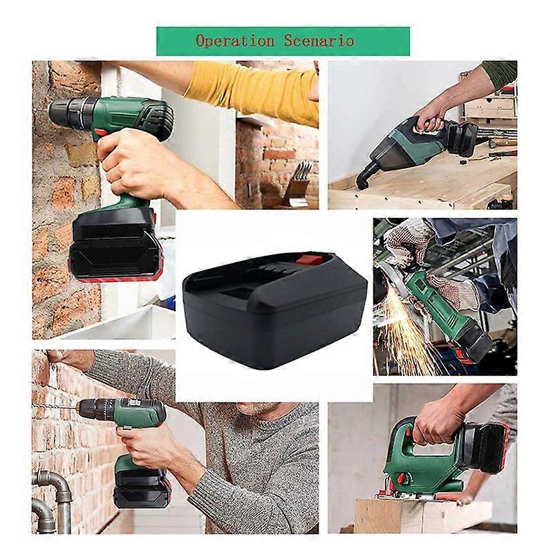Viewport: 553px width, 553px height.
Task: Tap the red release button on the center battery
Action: click(310, 261)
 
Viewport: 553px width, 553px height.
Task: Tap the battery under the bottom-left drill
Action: click(142, 487)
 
